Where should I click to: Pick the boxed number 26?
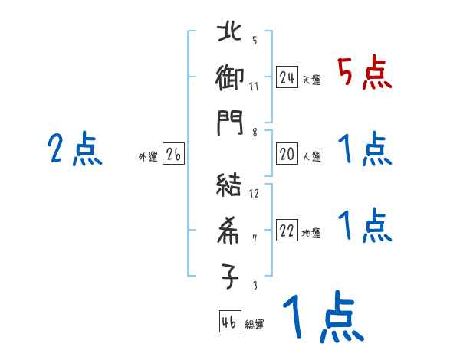point(173,155)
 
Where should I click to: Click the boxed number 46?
point(229,322)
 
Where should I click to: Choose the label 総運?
point(255,325)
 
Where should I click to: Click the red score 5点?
point(364,73)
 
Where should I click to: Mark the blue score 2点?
point(74,149)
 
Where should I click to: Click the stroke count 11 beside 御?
point(254,85)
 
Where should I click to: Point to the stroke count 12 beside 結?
point(254,193)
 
